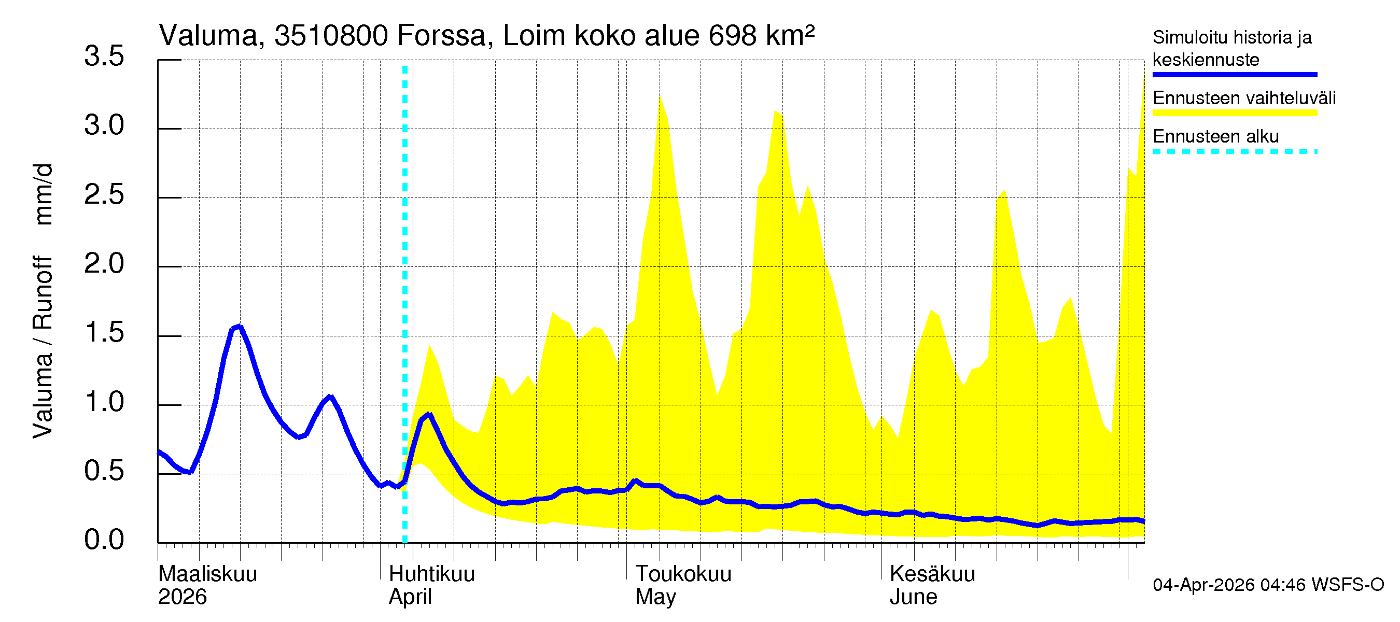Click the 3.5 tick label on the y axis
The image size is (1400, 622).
pyautogui.click(x=104, y=56)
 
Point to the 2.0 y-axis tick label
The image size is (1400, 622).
pyautogui.click(x=104, y=264)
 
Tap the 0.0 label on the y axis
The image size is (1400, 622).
pyautogui.click(x=104, y=541)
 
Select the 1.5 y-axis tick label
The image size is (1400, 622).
pyautogui.click(x=104, y=333)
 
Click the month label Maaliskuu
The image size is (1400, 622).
pyautogui.click(x=207, y=574)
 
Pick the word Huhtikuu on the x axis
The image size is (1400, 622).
pyautogui.click(x=431, y=574)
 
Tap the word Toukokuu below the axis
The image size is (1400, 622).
pyautogui.click(x=683, y=574)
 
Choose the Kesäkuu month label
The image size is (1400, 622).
pyautogui.click(x=932, y=574)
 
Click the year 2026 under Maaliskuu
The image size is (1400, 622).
pyautogui.click(x=182, y=597)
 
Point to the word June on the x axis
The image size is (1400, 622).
pyautogui.click(x=913, y=597)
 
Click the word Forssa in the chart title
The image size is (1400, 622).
pyautogui.click(x=441, y=36)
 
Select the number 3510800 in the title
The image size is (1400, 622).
pyautogui.click(x=331, y=36)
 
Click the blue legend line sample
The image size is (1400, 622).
pyautogui.click(x=1234, y=75)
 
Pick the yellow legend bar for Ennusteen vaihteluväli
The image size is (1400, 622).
pyautogui.click(x=1234, y=113)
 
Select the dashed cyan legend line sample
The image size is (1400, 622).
pyautogui.click(x=1234, y=151)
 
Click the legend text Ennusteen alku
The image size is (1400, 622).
pyautogui.click(x=1215, y=136)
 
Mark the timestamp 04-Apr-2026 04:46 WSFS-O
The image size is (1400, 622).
pyautogui.click(x=1268, y=585)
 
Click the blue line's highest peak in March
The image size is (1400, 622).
pyautogui.click(x=240, y=327)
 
